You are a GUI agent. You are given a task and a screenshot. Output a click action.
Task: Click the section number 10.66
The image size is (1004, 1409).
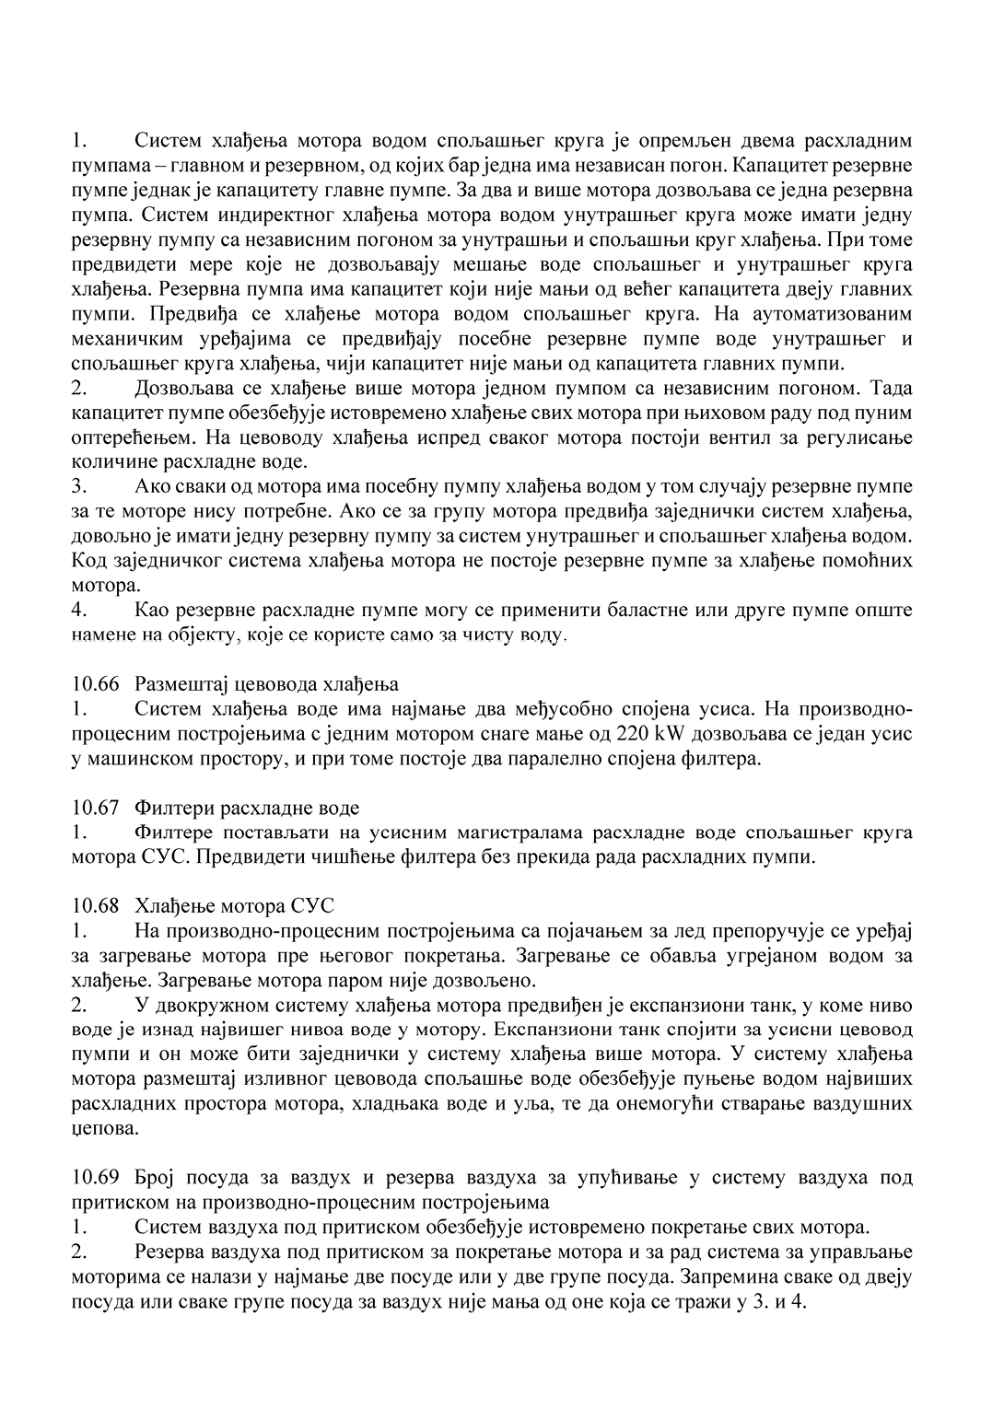(96, 684)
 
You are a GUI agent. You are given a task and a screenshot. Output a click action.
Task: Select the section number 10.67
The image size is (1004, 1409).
(96, 809)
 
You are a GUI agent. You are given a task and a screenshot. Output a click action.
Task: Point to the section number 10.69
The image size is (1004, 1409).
(96, 1178)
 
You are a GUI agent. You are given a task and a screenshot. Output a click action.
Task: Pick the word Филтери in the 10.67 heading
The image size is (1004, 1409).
(169, 809)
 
